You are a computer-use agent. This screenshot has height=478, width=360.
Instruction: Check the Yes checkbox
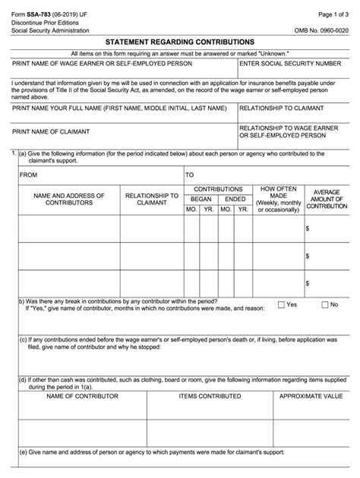click(x=282, y=305)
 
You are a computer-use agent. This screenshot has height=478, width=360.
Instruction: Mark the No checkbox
click(x=324, y=305)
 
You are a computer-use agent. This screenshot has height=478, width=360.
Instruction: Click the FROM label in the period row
click(x=29, y=175)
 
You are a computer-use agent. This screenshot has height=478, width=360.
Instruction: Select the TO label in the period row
click(x=190, y=175)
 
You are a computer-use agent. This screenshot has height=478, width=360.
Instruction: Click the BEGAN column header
click(x=201, y=198)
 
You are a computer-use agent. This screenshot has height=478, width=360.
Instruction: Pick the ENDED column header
click(x=235, y=198)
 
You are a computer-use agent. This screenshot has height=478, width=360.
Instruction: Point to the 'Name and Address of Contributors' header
click(x=64, y=199)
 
